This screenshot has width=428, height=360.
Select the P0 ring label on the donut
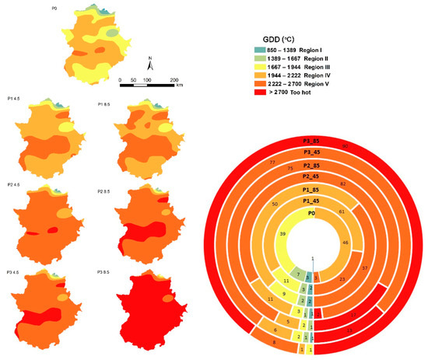[x=311, y=212]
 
